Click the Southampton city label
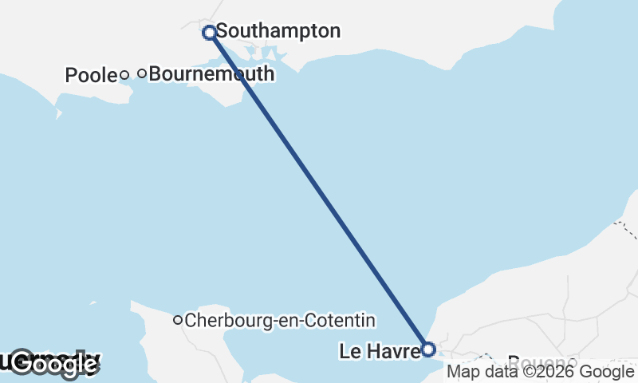tap(278, 32)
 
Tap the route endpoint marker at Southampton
tap(210, 33)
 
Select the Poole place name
tap(91, 76)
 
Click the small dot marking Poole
tap(124, 75)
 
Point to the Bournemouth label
tap(211, 74)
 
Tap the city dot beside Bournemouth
tap(142, 73)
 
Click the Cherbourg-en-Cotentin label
tap(279, 321)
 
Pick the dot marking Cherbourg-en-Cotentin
tap(178, 320)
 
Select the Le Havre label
tap(379, 350)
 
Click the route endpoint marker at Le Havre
tap(428, 349)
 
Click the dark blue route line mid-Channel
tap(319, 191)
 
